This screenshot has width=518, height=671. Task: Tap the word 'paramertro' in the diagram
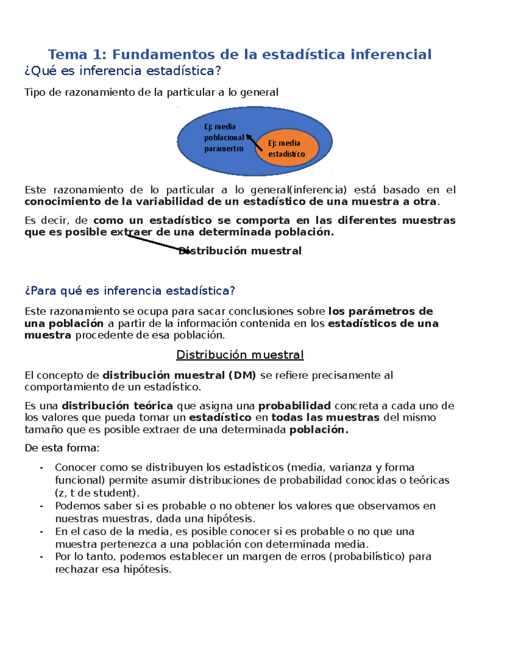pos(224,149)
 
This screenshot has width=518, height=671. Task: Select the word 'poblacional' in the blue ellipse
pos(224,137)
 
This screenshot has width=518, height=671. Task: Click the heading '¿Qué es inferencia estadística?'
pos(123,71)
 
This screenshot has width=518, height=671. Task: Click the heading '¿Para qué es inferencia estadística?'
pos(129,291)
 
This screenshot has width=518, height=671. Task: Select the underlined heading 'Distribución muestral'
pos(240,355)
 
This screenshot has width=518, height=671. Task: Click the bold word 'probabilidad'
pos(294,406)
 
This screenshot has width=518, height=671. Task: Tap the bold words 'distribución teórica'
pos(117,406)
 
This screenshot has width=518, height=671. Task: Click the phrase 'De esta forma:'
pos(62,448)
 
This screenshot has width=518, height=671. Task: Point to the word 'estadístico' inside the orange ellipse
pos(287,154)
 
